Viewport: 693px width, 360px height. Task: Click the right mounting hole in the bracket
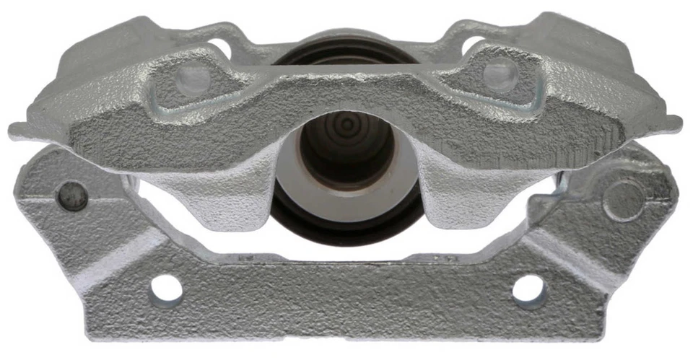[x=528, y=289]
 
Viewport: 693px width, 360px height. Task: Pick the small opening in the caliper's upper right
[x=473, y=45]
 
